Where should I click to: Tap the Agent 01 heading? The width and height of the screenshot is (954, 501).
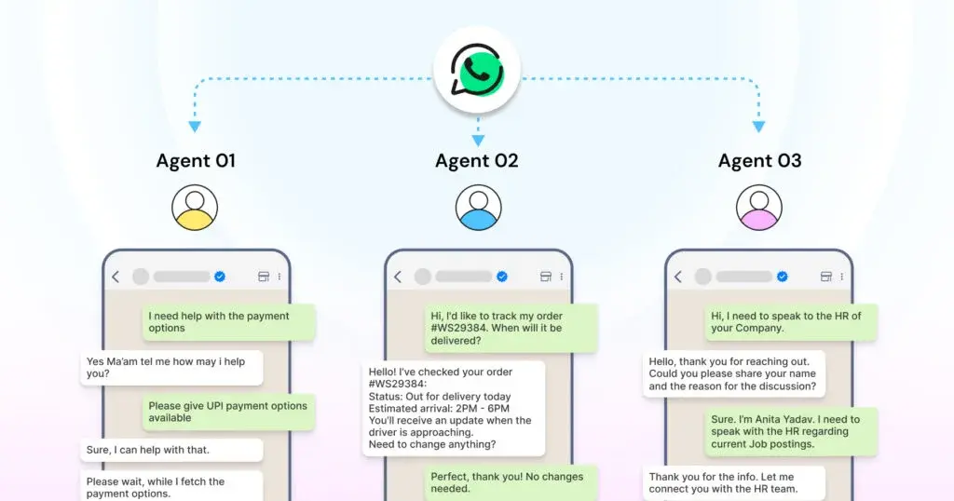point(195,161)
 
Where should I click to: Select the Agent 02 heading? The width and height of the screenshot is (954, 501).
point(477,161)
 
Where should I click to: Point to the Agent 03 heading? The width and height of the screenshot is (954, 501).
point(759,161)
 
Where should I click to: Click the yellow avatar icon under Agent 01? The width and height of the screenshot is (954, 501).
point(195,207)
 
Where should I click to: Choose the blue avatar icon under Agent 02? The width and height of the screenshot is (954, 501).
point(478,207)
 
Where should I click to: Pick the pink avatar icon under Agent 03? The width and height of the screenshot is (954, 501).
point(759,207)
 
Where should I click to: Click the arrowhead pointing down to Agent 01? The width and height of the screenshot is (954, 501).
point(195,127)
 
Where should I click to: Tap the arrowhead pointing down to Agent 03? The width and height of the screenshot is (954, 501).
point(759,127)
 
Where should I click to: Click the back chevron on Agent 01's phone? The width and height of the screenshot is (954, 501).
point(116,277)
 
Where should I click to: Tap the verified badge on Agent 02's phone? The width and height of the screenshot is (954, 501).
point(501,277)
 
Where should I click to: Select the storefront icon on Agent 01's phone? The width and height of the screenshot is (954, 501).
point(263,277)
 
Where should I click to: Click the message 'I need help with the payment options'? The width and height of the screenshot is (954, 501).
point(228,322)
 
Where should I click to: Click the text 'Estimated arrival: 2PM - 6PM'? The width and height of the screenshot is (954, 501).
point(439,408)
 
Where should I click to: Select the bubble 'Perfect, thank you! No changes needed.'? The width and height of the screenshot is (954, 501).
point(507,482)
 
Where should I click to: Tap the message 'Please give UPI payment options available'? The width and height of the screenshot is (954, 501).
point(228,412)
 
